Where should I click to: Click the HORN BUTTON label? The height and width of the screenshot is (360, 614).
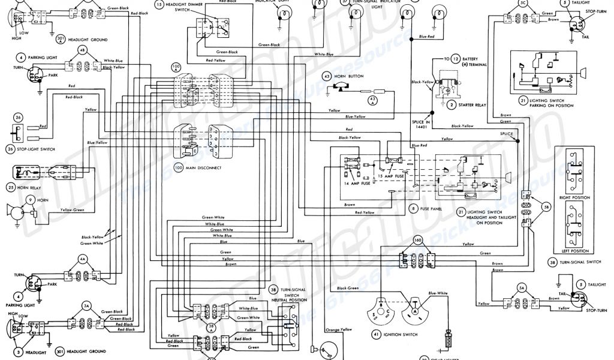pyautogui.click(x=351, y=77)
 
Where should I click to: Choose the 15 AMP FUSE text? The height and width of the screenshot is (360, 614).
pyautogui.click(x=393, y=178)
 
